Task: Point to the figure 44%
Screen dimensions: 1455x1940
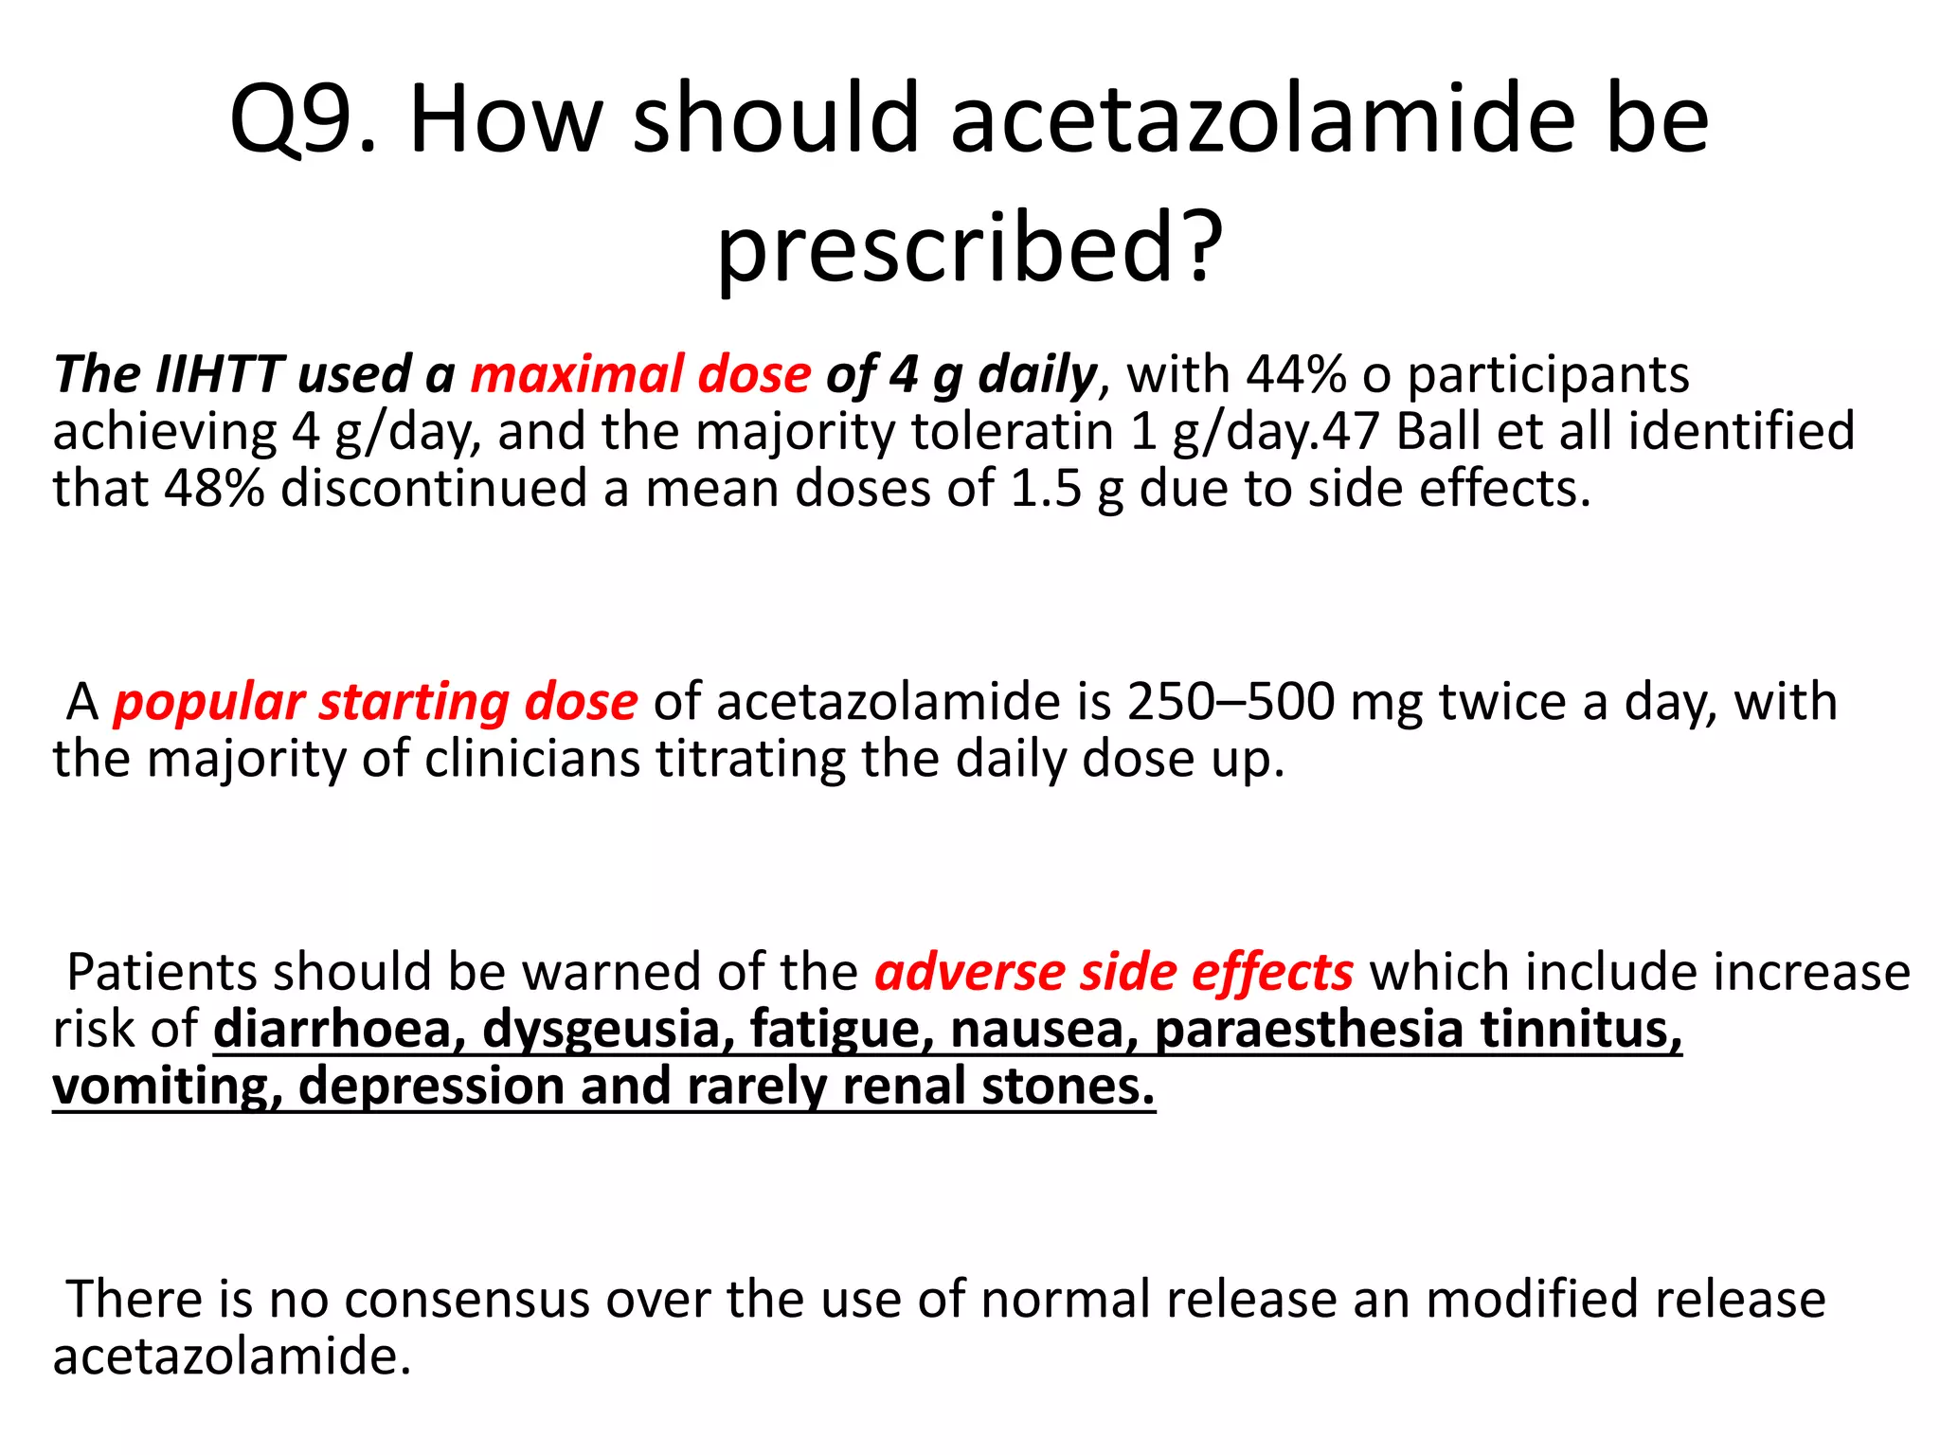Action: [x=1295, y=374]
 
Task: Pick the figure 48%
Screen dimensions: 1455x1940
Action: [x=214, y=489]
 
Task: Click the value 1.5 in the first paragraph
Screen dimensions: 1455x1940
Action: [x=1046, y=489]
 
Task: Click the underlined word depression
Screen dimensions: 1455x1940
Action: [x=431, y=1087]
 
